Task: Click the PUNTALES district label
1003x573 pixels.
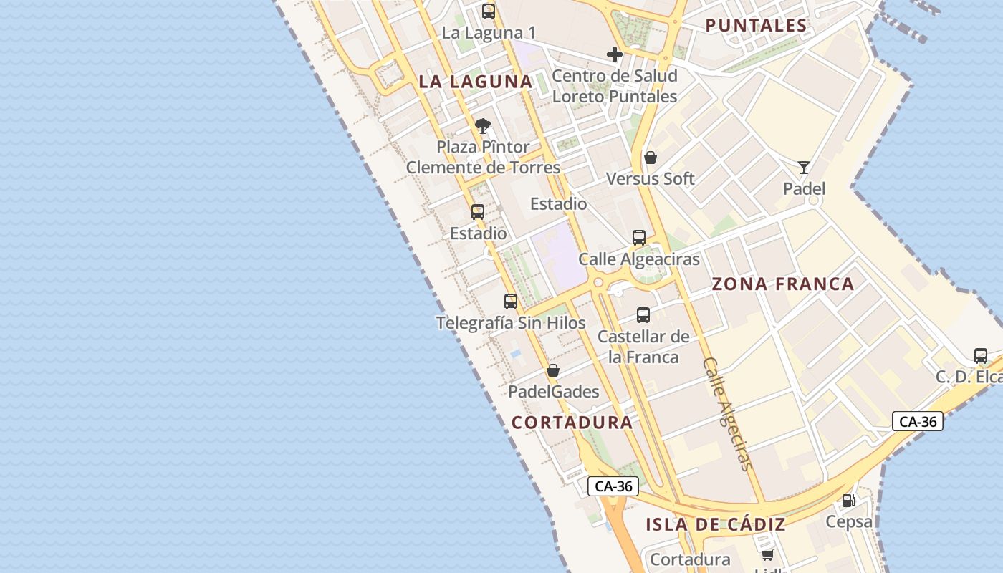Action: pos(757,26)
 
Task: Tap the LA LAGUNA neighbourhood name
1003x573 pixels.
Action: pos(476,82)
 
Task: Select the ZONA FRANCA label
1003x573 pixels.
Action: pos(783,284)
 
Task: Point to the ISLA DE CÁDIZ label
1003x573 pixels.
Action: pos(716,524)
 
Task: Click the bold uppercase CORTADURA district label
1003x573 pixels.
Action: pos(572,423)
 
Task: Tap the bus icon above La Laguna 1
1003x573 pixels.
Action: pos(489,11)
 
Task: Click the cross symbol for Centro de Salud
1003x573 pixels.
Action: pos(614,54)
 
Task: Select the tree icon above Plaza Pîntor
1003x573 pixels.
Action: pos(483,127)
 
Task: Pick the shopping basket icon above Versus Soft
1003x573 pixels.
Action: pos(651,158)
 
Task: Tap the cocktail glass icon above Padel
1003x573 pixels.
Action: pos(804,168)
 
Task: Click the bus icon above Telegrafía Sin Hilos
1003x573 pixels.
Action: pos(511,302)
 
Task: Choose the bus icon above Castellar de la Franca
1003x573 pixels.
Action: pos(643,315)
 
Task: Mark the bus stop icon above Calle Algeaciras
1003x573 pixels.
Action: pos(639,238)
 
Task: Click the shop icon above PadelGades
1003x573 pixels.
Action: pos(553,370)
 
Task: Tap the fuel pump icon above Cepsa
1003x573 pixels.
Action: pos(848,501)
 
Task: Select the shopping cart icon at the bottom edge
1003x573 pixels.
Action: pos(768,554)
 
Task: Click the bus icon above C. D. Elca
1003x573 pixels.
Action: pos(981,355)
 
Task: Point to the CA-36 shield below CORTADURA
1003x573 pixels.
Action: pos(613,486)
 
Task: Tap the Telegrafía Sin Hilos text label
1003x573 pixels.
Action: pos(511,323)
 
